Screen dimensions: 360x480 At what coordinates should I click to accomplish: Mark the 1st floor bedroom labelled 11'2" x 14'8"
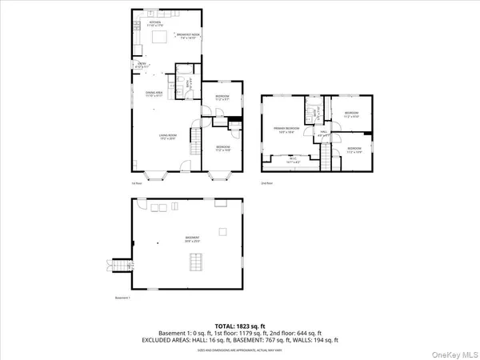[x=222, y=148]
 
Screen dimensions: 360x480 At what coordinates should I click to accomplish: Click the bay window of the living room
[x=155, y=173]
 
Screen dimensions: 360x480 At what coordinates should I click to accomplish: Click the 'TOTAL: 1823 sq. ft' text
[x=239, y=326]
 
